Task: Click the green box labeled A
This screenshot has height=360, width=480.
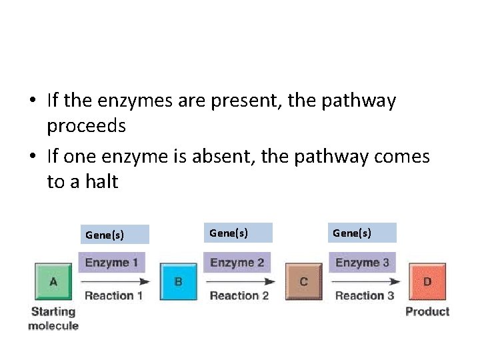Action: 53,281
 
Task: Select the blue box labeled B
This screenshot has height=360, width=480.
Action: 178,281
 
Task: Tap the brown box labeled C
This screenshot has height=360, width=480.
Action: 303,281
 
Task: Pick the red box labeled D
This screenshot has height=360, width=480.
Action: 427,281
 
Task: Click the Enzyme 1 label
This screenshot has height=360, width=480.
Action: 111,263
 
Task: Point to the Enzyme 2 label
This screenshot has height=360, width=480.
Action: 237,263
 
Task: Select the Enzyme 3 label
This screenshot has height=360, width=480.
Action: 362,263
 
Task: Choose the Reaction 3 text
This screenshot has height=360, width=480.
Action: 363,296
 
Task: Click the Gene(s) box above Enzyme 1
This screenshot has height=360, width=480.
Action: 113,235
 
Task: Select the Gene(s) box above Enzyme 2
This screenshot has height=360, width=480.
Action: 239,233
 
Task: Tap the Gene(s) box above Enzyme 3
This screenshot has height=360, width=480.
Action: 362,233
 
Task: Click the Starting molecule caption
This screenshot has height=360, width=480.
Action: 53,319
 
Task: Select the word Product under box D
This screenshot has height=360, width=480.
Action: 427,311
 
